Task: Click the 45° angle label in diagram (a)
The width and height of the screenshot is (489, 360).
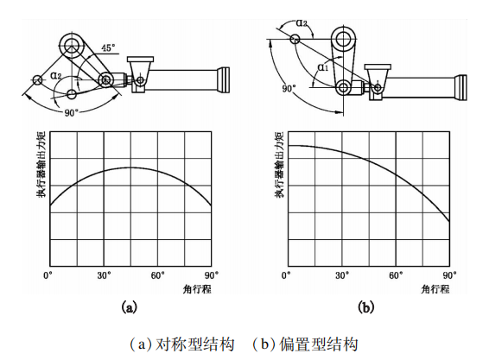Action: (x=108, y=47)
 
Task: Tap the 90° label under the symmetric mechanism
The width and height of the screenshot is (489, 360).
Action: (x=71, y=113)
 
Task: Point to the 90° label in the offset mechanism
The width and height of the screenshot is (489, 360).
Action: (x=289, y=89)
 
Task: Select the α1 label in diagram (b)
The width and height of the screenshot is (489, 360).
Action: (x=323, y=67)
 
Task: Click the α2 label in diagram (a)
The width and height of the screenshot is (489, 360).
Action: (x=56, y=75)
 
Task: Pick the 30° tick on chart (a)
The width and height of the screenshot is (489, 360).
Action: (x=105, y=275)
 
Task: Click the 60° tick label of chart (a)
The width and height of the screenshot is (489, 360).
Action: (x=158, y=275)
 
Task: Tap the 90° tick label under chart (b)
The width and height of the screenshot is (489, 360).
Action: (x=450, y=275)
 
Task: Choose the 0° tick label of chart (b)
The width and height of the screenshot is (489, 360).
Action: (x=286, y=275)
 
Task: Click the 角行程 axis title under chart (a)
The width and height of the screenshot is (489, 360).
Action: (x=197, y=289)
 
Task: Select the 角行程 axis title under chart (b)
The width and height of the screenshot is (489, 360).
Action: (x=435, y=289)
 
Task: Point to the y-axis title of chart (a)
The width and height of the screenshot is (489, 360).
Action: (x=41, y=164)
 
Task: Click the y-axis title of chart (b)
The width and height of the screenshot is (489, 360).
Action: (x=279, y=164)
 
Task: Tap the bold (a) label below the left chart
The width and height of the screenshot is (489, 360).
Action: (x=129, y=307)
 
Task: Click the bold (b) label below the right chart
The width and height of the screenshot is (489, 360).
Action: (x=365, y=307)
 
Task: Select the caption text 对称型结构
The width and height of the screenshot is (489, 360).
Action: (x=194, y=344)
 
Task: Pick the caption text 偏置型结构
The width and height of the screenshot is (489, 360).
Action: (x=318, y=344)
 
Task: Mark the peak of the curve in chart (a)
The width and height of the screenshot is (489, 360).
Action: (x=130, y=167)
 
